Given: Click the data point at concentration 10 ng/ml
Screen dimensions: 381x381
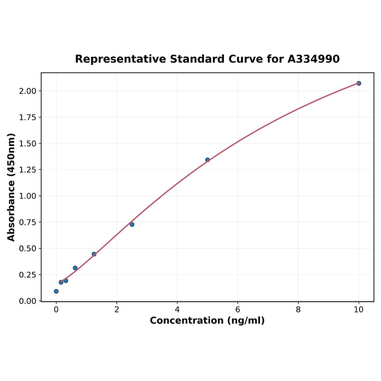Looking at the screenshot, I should (x=359, y=83).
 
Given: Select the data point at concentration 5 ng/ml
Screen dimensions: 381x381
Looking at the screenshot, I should (x=207, y=160).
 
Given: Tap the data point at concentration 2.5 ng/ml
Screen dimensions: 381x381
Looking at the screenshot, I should (x=132, y=224).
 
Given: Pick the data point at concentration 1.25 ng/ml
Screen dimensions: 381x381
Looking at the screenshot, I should (x=94, y=254).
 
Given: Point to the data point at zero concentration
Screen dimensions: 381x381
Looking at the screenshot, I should (x=56, y=291).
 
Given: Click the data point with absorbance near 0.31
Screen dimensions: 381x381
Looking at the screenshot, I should (x=75, y=268).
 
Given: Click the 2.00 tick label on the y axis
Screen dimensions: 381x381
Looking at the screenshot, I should (x=28, y=91).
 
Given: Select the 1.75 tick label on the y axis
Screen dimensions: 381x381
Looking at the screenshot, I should (x=28, y=117).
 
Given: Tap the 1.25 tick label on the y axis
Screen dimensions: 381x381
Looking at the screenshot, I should (x=28, y=170).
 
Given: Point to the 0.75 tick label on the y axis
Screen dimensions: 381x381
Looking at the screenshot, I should (x=28, y=222).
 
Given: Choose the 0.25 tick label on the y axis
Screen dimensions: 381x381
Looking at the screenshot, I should (x=28, y=275).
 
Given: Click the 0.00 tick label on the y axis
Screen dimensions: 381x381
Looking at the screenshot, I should (x=28, y=301).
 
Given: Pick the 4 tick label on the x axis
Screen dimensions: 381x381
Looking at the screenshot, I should (x=177, y=309).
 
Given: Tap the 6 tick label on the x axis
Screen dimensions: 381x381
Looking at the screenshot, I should (x=237, y=309).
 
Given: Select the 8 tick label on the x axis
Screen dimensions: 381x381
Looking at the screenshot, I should (x=298, y=309).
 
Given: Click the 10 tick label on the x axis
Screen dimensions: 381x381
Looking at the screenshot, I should (x=359, y=309).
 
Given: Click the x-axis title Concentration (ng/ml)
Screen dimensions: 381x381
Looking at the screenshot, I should (x=207, y=321).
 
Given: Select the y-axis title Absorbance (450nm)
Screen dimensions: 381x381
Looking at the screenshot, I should (x=11, y=187).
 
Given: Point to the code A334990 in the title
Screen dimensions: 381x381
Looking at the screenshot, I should (x=314, y=59).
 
